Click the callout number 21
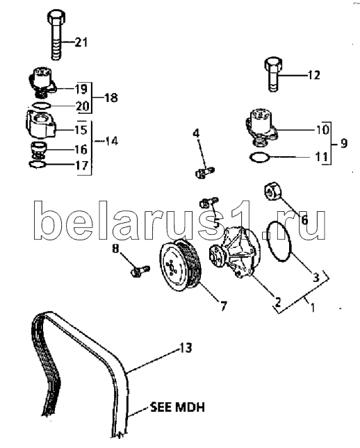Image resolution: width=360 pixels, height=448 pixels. point(81,42)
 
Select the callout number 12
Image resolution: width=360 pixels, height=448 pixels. point(313,75)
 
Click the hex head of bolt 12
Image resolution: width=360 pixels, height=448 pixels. point(274,64)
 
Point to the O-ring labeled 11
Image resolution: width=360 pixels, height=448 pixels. point(260,158)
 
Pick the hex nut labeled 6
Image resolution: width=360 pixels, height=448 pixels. point(272,192)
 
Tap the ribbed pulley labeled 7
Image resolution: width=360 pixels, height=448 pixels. point(181,265)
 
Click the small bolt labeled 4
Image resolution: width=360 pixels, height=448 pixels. point(205,172)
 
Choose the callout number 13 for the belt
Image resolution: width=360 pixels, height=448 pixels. point(186,348)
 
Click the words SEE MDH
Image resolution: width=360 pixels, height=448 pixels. point(178,407)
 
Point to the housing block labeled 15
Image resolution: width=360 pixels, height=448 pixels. point(41,124)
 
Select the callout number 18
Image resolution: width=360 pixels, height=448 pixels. point(111,98)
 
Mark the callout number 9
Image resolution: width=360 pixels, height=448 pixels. point(344,143)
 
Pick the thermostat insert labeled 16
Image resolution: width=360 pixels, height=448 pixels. point(39,150)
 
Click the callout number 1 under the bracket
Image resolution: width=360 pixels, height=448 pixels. point(313,308)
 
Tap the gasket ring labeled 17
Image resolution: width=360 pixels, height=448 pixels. point(38,165)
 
